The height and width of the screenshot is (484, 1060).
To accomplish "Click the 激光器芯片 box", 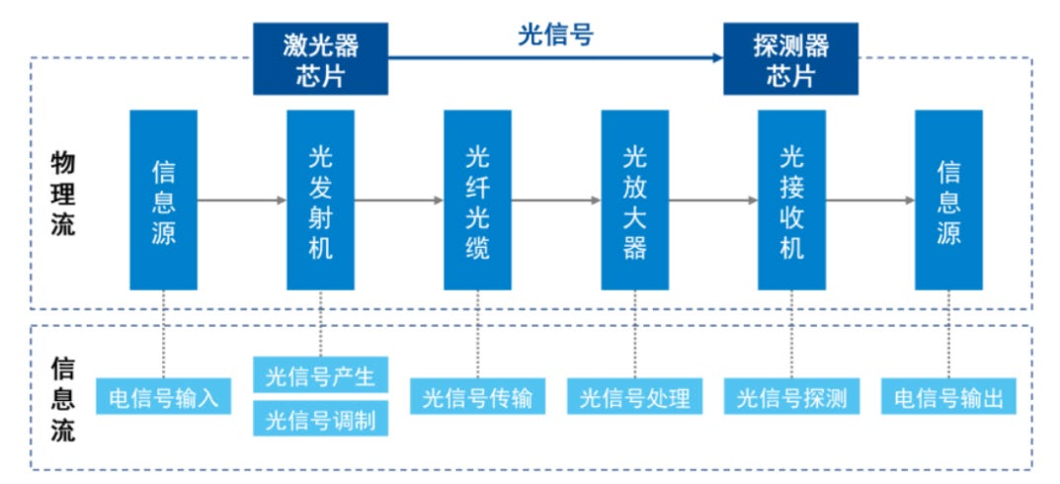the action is (x=320, y=59).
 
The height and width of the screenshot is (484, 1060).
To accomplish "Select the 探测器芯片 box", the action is (x=791, y=59).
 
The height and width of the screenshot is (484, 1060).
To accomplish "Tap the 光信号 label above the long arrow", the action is (x=556, y=35).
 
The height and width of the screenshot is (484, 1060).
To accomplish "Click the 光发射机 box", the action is (x=320, y=201).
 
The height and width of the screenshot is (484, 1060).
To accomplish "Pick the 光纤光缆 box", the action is (x=477, y=201).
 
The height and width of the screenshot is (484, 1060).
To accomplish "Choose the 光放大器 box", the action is (x=635, y=201).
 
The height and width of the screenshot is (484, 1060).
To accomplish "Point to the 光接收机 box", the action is (x=791, y=201).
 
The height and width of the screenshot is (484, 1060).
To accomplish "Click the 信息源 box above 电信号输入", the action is (x=164, y=201).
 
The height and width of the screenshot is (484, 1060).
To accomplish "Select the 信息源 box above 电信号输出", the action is (x=948, y=201).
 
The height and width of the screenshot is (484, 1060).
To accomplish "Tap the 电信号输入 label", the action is (x=164, y=396).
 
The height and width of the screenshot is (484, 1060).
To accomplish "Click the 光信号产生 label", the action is (x=320, y=374).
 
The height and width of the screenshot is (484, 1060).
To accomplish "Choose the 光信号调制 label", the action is (x=320, y=419).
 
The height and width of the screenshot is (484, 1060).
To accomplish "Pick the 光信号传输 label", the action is (x=477, y=396).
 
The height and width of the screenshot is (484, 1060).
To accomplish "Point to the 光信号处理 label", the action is (x=635, y=396).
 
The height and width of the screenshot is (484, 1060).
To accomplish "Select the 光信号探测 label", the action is (x=791, y=396).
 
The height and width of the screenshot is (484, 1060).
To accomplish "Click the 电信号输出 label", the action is (x=948, y=396).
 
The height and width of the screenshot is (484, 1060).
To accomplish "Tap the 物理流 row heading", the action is (x=63, y=195).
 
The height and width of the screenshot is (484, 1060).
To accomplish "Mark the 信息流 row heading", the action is (x=63, y=399).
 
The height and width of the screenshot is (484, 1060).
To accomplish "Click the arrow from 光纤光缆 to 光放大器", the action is (x=556, y=201).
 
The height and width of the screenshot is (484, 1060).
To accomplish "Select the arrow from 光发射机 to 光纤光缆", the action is (x=399, y=201).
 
